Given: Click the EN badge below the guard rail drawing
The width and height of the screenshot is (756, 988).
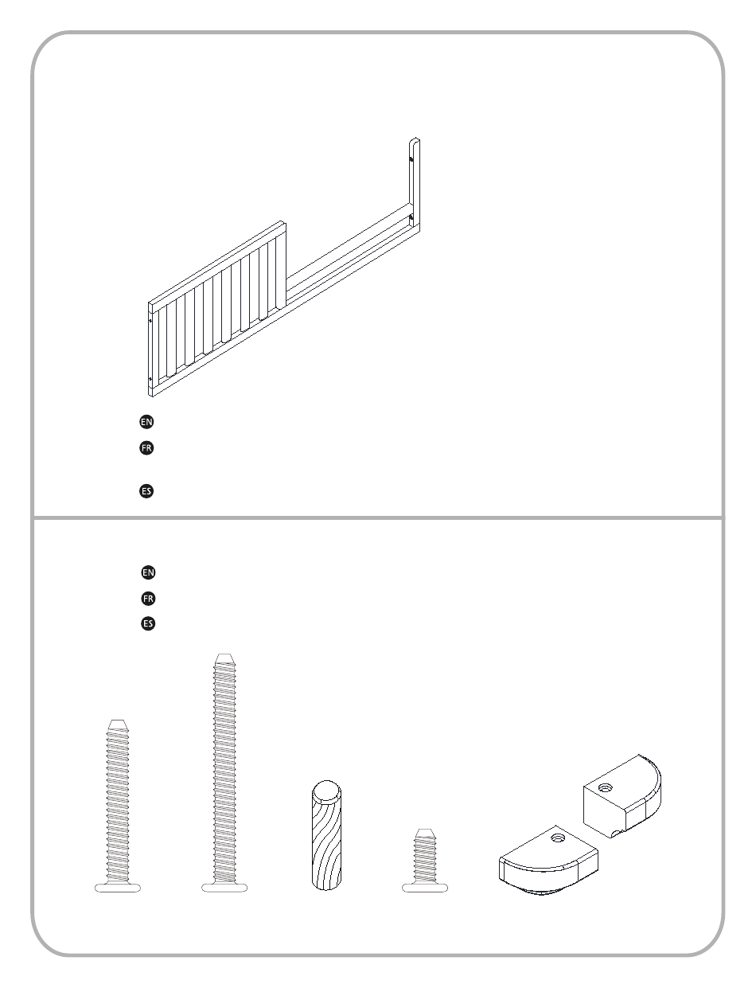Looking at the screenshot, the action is click(x=146, y=422).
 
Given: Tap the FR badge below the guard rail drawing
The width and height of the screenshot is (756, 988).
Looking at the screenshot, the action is click(x=146, y=448).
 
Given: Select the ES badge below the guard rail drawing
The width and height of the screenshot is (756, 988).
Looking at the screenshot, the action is click(x=146, y=491).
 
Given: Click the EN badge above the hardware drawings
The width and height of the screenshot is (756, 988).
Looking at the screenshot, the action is click(x=148, y=572).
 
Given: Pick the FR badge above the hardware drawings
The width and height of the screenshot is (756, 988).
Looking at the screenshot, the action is click(x=148, y=599).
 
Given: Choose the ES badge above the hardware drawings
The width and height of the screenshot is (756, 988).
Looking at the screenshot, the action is click(x=148, y=623).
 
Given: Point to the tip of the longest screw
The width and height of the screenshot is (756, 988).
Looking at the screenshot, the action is click(x=225, y=655).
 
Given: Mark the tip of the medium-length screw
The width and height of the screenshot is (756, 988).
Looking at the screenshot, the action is click(x=118, y=721).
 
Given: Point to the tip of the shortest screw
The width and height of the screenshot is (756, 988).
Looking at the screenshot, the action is click(x=425, y=830).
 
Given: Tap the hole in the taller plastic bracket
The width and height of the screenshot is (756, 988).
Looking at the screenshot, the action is click(x=605, y=787).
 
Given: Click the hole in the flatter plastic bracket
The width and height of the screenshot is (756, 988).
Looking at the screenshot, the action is click(x=556, y=838).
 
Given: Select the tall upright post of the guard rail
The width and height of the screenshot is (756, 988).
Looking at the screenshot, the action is click(x=415, y=185).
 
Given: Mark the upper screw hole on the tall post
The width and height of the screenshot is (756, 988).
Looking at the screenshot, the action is click(x=411, y=159).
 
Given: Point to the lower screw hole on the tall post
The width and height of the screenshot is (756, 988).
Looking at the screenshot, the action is click(x=411, y=218).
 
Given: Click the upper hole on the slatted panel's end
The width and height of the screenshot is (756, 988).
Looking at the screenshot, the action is click(x=150, y=321).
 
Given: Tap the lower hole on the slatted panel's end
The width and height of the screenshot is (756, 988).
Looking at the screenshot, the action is click(x=150, y=379).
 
